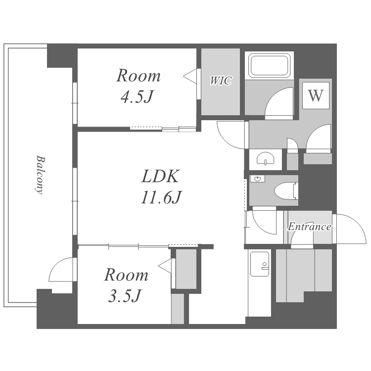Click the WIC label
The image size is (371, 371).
221,81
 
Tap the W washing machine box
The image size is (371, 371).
316,95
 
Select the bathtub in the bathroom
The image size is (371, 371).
270,65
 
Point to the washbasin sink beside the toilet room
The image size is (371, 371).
266,158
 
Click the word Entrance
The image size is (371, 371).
309,227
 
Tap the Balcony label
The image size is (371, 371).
40,175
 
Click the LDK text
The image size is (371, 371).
160,176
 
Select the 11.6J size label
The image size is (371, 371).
161,197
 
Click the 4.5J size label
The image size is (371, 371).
137,96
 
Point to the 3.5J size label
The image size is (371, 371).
125,295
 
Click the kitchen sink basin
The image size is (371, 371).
260,264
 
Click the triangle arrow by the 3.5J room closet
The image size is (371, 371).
165,266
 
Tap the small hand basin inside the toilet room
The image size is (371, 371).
257,179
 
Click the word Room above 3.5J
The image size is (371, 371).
126,275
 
